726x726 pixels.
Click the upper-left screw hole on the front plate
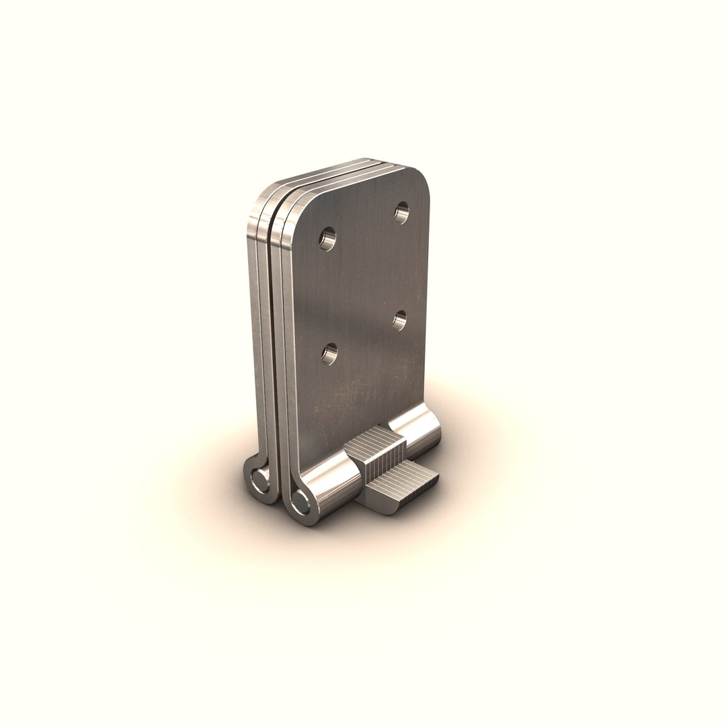tap(327, 238)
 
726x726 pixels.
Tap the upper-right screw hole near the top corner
tap(401, 213)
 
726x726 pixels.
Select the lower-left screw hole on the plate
tap(329, 353)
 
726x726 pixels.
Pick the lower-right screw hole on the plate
tap(401, 319)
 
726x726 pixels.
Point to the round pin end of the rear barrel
tap(257, 479)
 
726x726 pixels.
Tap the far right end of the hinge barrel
tap(438, 430)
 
